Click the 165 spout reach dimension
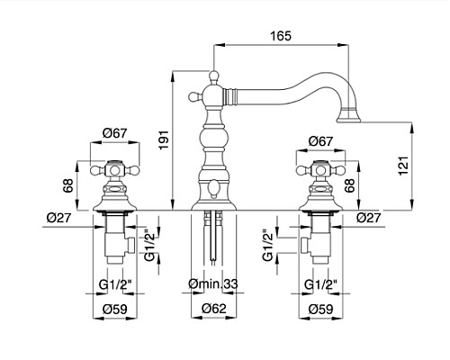[281, 36]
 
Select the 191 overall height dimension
[165, 139]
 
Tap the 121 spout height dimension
[404, 166]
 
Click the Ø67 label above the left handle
[115, 133]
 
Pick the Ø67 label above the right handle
[320, 141]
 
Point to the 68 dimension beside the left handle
[68, 185]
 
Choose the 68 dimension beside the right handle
[349, 185]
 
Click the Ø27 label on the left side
[59, 218]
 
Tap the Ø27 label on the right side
[369, 218]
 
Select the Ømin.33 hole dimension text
[213, 283]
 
